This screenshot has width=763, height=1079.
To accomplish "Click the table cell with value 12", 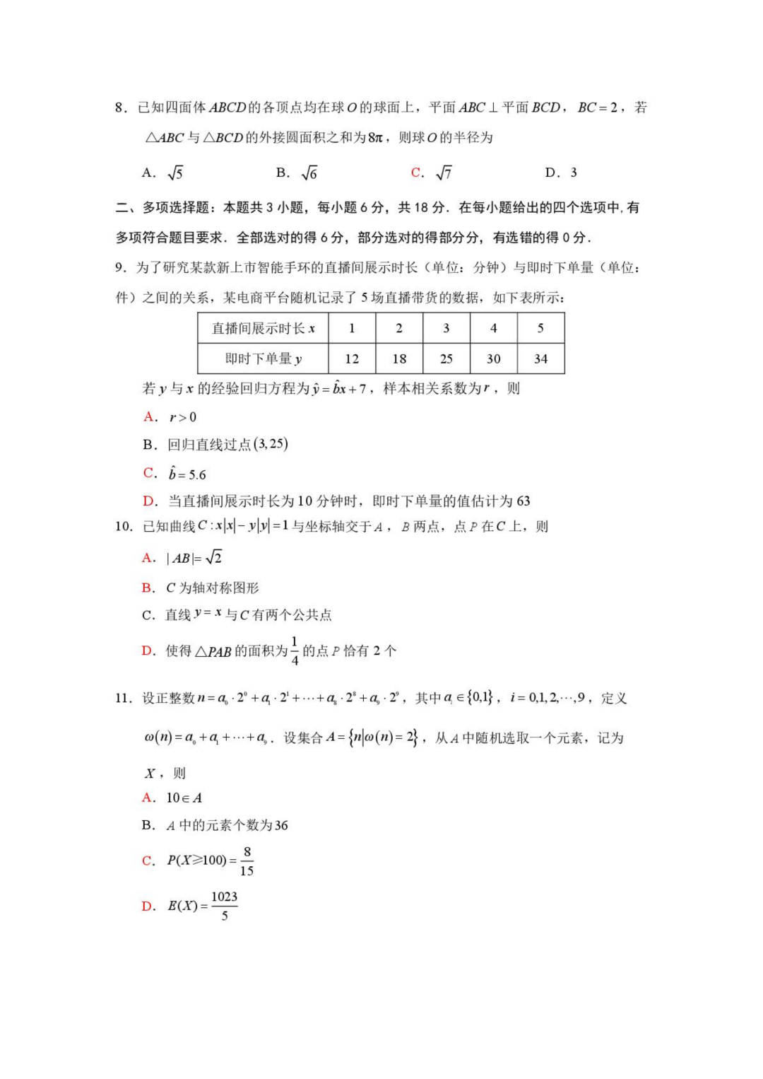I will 352,358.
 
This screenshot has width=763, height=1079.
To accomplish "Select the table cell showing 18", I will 399,358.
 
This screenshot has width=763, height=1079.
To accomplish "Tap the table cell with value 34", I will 540,358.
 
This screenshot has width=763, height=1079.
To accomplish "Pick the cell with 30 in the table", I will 493,358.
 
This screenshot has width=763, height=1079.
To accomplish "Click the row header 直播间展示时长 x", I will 263,328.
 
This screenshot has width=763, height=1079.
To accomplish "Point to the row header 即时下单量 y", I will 263,358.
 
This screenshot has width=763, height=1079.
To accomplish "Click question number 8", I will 121,107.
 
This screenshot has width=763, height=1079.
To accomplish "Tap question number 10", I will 124,526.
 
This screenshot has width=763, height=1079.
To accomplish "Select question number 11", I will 124,698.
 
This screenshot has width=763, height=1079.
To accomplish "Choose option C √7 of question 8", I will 432,173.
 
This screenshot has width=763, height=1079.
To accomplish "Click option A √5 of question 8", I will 163,173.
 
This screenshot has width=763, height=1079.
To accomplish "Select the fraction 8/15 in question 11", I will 247,861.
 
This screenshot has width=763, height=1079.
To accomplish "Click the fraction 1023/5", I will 225,906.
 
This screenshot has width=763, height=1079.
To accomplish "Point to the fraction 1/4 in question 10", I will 295,651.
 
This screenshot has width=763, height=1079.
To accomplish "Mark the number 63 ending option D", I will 524,501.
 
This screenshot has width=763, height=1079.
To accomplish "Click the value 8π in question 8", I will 375,138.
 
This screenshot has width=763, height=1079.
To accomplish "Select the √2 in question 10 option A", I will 213,558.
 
